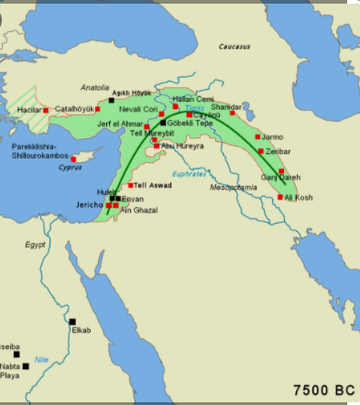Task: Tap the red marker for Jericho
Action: tap(109, 206)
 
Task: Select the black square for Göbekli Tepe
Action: tap(163, 122)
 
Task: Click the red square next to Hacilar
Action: tap(45, 110)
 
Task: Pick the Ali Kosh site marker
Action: tap(280, 197)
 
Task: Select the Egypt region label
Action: tap(35, 245)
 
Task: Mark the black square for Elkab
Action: tap(72, 321)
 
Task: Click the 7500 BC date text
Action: tap(323, 389)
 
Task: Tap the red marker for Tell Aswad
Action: tap(131, 186)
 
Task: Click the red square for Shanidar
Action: tap(232, 114)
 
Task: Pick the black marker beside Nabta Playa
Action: tap(26, 367)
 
